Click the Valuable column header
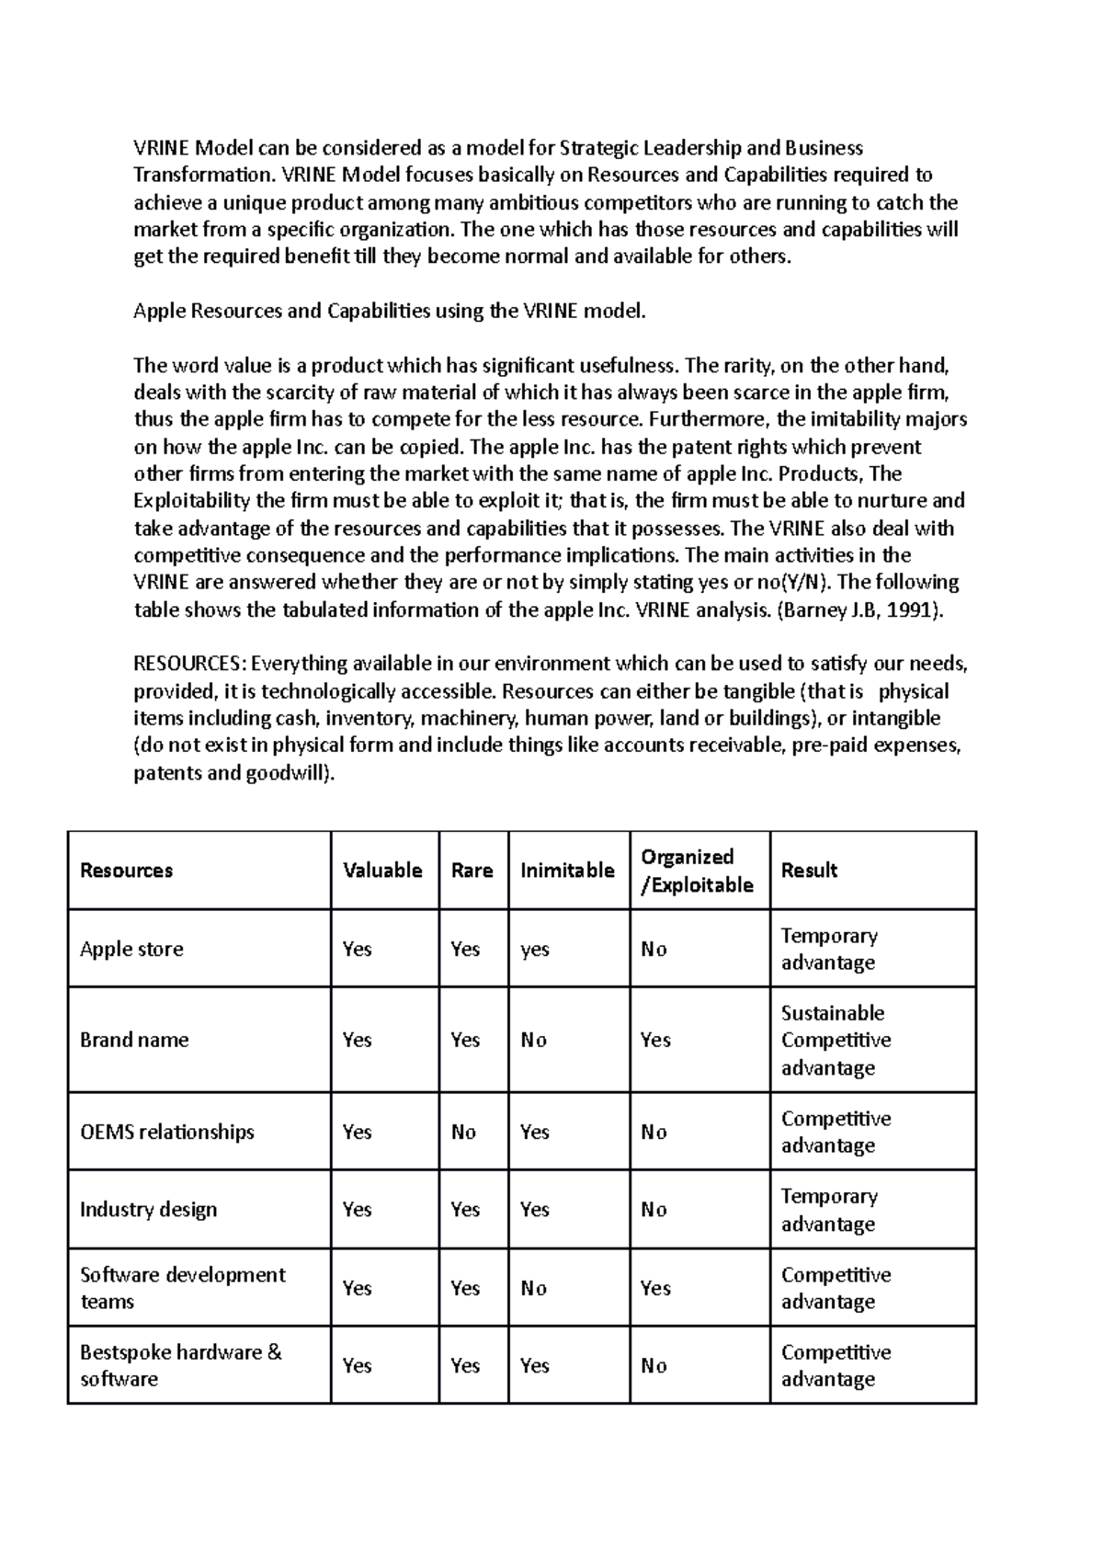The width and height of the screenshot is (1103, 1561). (x=382, y=871)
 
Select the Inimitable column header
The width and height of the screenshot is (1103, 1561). (x=567, y=871)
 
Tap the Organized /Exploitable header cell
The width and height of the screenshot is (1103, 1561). (x=697, y=871)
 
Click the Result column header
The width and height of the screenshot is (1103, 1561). (x=809, y=871)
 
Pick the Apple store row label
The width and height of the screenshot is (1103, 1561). (x=131, y=949)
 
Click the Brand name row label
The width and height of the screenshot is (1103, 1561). (x=134, y=1040)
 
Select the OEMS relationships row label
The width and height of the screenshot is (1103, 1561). (x=166, y=1132)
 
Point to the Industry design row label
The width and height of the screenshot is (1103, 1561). (x=148, y=1210)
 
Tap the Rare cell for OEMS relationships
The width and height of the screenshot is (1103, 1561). (x=463, y=1132)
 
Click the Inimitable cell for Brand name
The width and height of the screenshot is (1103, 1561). (x=533, y=1040)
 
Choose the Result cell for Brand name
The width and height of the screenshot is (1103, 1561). (x=836, y=1040)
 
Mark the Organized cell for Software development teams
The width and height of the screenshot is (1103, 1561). (x=655, y=1288)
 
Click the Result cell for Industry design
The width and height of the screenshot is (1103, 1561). (x=828, y=1210)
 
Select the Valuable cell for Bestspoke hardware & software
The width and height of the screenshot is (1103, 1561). (x=357, y=1366)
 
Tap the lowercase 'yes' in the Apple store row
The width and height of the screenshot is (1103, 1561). (x=534, y=949)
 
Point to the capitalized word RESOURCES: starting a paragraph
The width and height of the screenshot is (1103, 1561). (x=190, y=664)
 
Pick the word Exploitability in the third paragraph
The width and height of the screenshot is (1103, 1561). (x=191, y=501)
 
